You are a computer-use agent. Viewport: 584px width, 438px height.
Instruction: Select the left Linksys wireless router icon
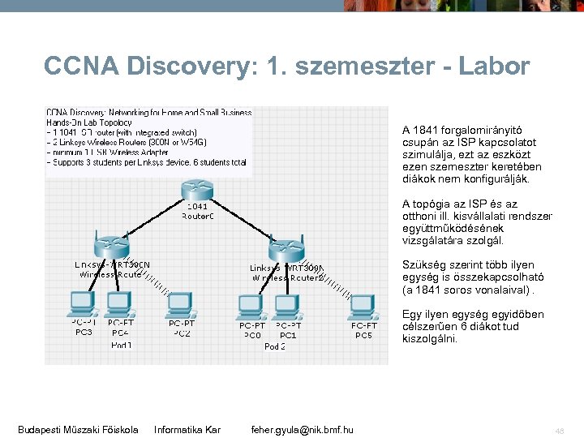(109, 243)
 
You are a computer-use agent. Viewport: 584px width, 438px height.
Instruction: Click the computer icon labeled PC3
(82, 303)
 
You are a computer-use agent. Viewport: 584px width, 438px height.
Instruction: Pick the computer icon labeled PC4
(120, 303)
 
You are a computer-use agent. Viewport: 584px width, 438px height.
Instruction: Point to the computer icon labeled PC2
(180, 305)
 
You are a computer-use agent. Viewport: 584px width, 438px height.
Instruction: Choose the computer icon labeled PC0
(251, 307)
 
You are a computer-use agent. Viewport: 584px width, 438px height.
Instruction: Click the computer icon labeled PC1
(287, 307)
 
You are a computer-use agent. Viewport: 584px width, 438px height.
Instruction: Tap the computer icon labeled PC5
(363, 307)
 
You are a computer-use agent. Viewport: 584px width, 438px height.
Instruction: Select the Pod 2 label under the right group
(275, 346)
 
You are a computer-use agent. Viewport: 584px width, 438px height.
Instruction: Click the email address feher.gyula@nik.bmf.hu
(302, 429)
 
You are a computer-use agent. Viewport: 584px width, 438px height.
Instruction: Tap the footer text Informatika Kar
(187, 429)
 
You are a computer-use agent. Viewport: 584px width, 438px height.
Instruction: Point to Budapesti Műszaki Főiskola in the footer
(78, 429)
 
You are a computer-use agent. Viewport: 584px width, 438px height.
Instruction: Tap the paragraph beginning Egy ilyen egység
(473, 327)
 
